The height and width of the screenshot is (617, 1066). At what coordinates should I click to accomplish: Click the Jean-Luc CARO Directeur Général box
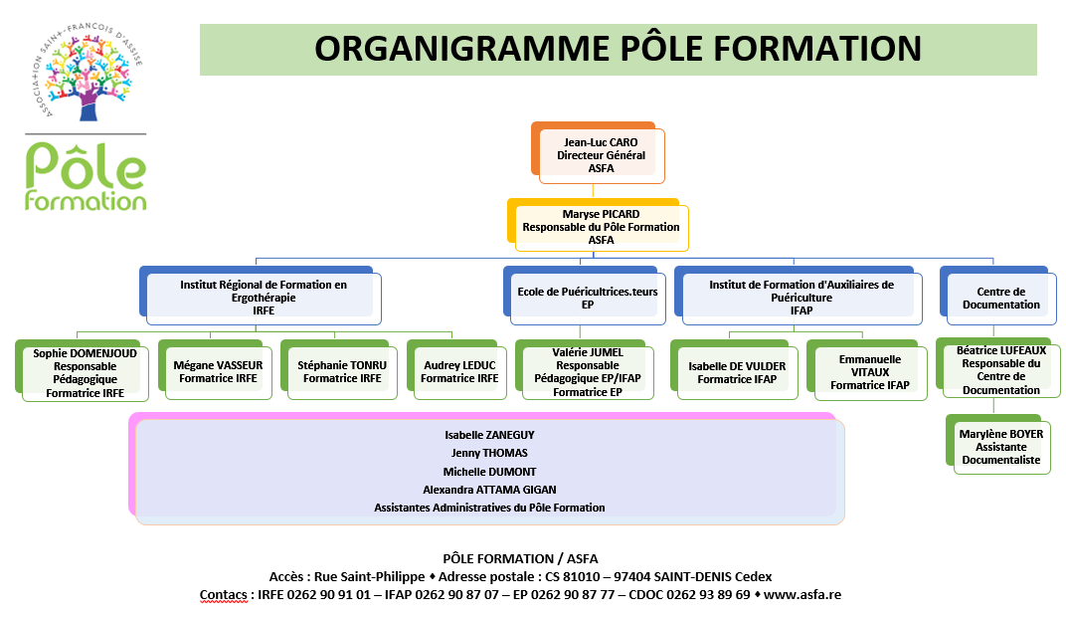pos(599,153)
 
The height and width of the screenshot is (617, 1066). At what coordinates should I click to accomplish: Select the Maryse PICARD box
pos(599,225)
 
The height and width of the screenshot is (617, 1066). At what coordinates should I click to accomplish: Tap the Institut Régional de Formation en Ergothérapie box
pos(261,296)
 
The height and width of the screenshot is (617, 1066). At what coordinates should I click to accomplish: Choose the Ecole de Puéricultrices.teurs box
pos(585,296)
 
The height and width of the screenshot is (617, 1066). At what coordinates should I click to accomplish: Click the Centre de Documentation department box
pos(998,296)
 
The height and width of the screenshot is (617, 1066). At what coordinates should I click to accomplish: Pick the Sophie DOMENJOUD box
pos(83,371)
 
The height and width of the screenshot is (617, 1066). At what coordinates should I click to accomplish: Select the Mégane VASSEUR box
pos(216,370)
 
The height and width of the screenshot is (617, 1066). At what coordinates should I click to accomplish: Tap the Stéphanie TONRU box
pos(339,370)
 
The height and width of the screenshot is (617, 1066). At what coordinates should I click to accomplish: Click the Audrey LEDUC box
pos(456,370)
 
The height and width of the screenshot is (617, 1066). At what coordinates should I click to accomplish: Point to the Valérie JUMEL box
pos(585,370)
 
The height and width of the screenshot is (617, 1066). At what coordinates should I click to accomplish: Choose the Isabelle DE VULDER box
pos(734,370)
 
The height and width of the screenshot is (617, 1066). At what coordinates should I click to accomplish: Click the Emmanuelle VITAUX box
pos(867,370)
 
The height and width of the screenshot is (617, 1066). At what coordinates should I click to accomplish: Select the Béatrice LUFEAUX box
pos(998,368)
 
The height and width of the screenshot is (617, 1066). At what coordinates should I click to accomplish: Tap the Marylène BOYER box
pos(998,444)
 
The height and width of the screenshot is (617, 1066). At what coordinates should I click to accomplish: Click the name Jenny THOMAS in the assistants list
pos(489,453)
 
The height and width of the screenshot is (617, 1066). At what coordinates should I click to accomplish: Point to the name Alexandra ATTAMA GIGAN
pos(489,490)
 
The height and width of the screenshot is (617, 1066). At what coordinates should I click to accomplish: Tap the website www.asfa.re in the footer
pos(802,594)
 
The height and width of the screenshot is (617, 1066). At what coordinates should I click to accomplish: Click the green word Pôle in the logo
pos(86,165)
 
